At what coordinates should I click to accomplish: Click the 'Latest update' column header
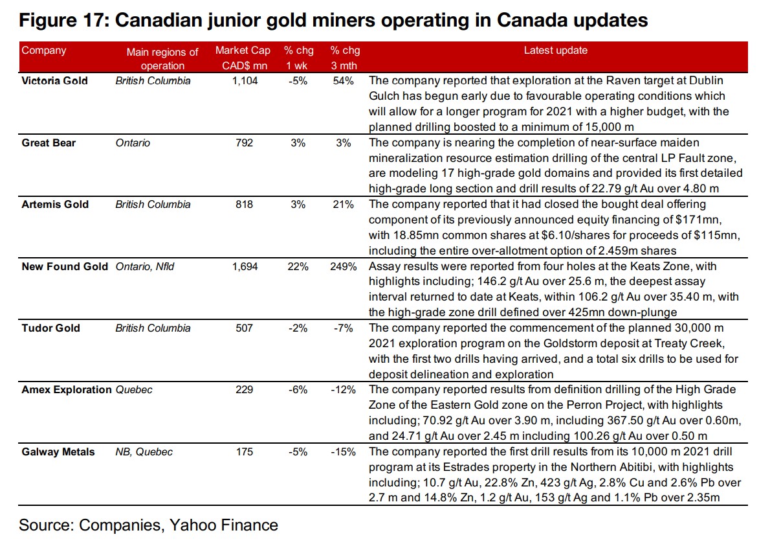click(555, 51)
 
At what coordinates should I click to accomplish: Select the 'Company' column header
click(44, 51)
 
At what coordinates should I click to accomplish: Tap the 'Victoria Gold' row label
click(54, 81)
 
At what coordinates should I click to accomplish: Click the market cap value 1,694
click(244, 266)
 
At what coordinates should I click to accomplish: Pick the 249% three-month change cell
click(343, 266)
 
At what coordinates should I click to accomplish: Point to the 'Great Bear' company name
click(49, 143)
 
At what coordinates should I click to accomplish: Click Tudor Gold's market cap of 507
click(244, 328)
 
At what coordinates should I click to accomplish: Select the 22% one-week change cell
click(298, 266)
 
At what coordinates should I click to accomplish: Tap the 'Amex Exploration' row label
click(67, 389)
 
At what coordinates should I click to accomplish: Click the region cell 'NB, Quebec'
click(144, 451)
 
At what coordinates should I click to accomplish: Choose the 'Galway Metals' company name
click(58, 451)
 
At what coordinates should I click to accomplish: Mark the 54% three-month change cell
click(344, 81)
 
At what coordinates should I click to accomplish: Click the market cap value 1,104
click(244, 81)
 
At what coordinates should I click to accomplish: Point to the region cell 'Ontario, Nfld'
click(145, 266)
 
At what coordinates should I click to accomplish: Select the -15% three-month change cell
click(343, 451)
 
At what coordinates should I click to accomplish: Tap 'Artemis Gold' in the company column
click(55, 204)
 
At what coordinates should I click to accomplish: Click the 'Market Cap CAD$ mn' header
click(243, 58)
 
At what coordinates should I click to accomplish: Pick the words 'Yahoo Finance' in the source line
click(224, 525)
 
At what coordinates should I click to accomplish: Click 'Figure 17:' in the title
click(62, 20)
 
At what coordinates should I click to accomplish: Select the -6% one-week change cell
click(298, 389)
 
